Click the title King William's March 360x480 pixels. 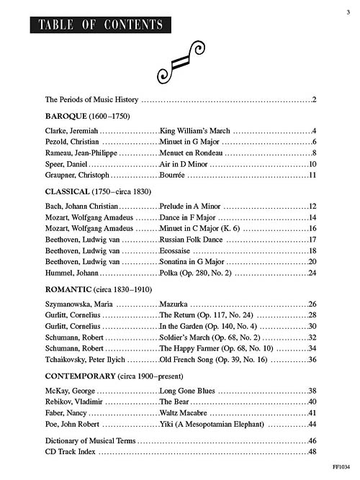(x=195, y=132)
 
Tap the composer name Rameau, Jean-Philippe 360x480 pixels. (x=80, y=153)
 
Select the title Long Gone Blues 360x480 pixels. (x=186, y=391)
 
